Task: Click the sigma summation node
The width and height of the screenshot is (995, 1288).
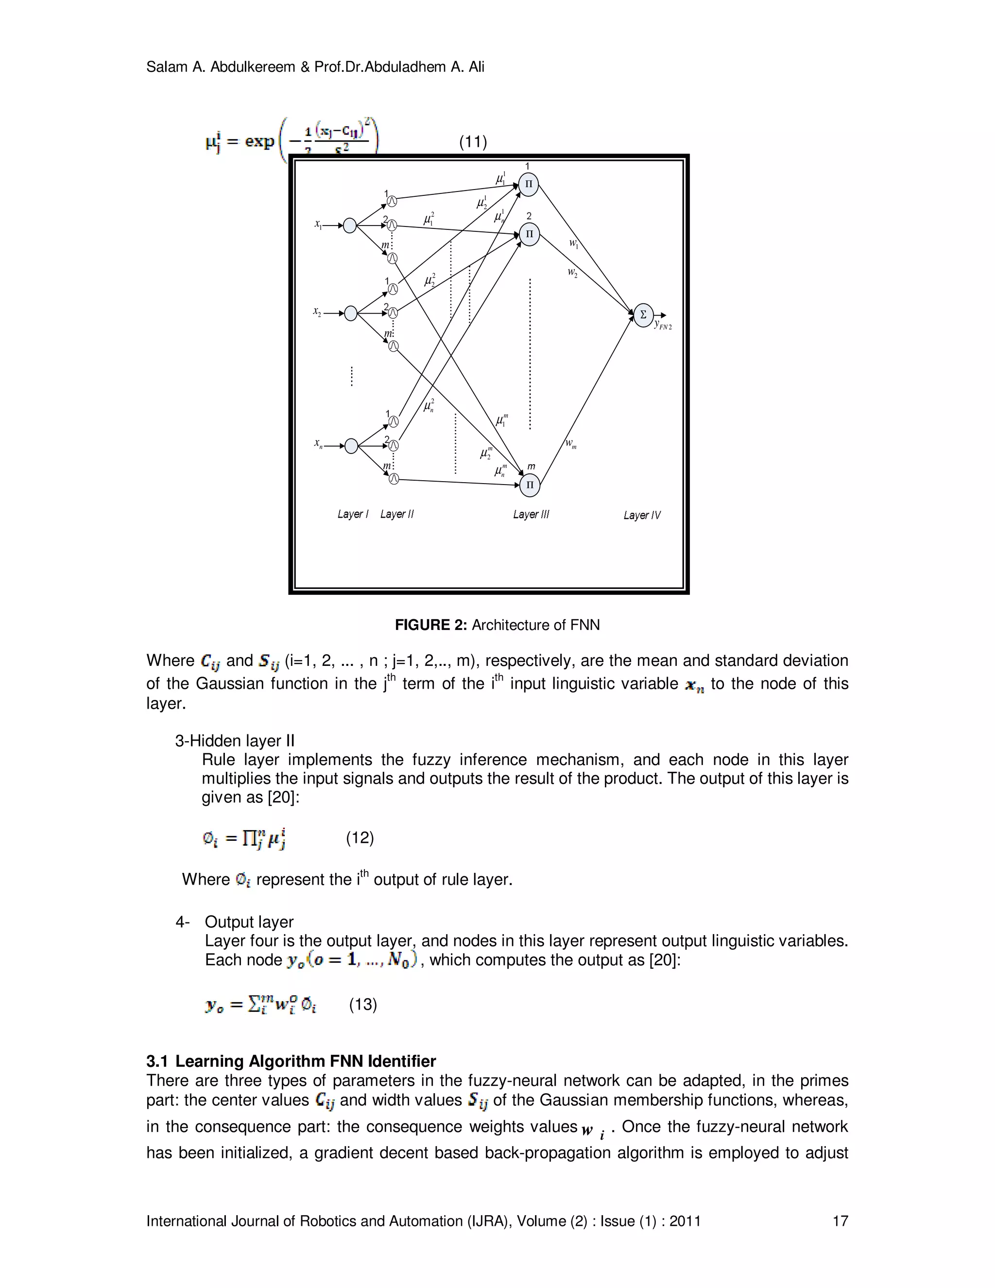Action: pos(643,314)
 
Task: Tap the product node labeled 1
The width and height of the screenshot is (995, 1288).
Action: pos(529,184)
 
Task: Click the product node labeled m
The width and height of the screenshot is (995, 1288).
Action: pos(530,485)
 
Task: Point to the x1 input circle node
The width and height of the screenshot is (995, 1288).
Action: pos(349,226)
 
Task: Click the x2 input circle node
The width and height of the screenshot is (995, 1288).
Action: pos(351,313)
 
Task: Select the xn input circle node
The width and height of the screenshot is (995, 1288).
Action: pos(351,446)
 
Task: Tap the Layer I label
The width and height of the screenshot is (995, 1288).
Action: pos(353,514)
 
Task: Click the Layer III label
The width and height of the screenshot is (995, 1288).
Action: pos(531,515)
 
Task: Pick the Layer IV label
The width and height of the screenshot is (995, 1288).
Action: pos(642,515)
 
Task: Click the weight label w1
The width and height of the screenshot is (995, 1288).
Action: pos(574,243)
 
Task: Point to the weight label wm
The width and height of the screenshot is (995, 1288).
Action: pos(570,443)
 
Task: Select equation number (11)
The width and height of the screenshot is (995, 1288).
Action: pos(473,141)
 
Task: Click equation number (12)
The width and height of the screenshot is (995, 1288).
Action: pos(360,837)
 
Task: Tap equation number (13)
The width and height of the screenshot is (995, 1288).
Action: pos(362,1004)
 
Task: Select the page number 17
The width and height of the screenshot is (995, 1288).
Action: pos(840,1221)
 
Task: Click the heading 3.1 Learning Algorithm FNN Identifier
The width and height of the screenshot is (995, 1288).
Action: pos(291,1061)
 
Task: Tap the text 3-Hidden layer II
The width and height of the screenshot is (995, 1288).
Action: pos(235,741)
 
